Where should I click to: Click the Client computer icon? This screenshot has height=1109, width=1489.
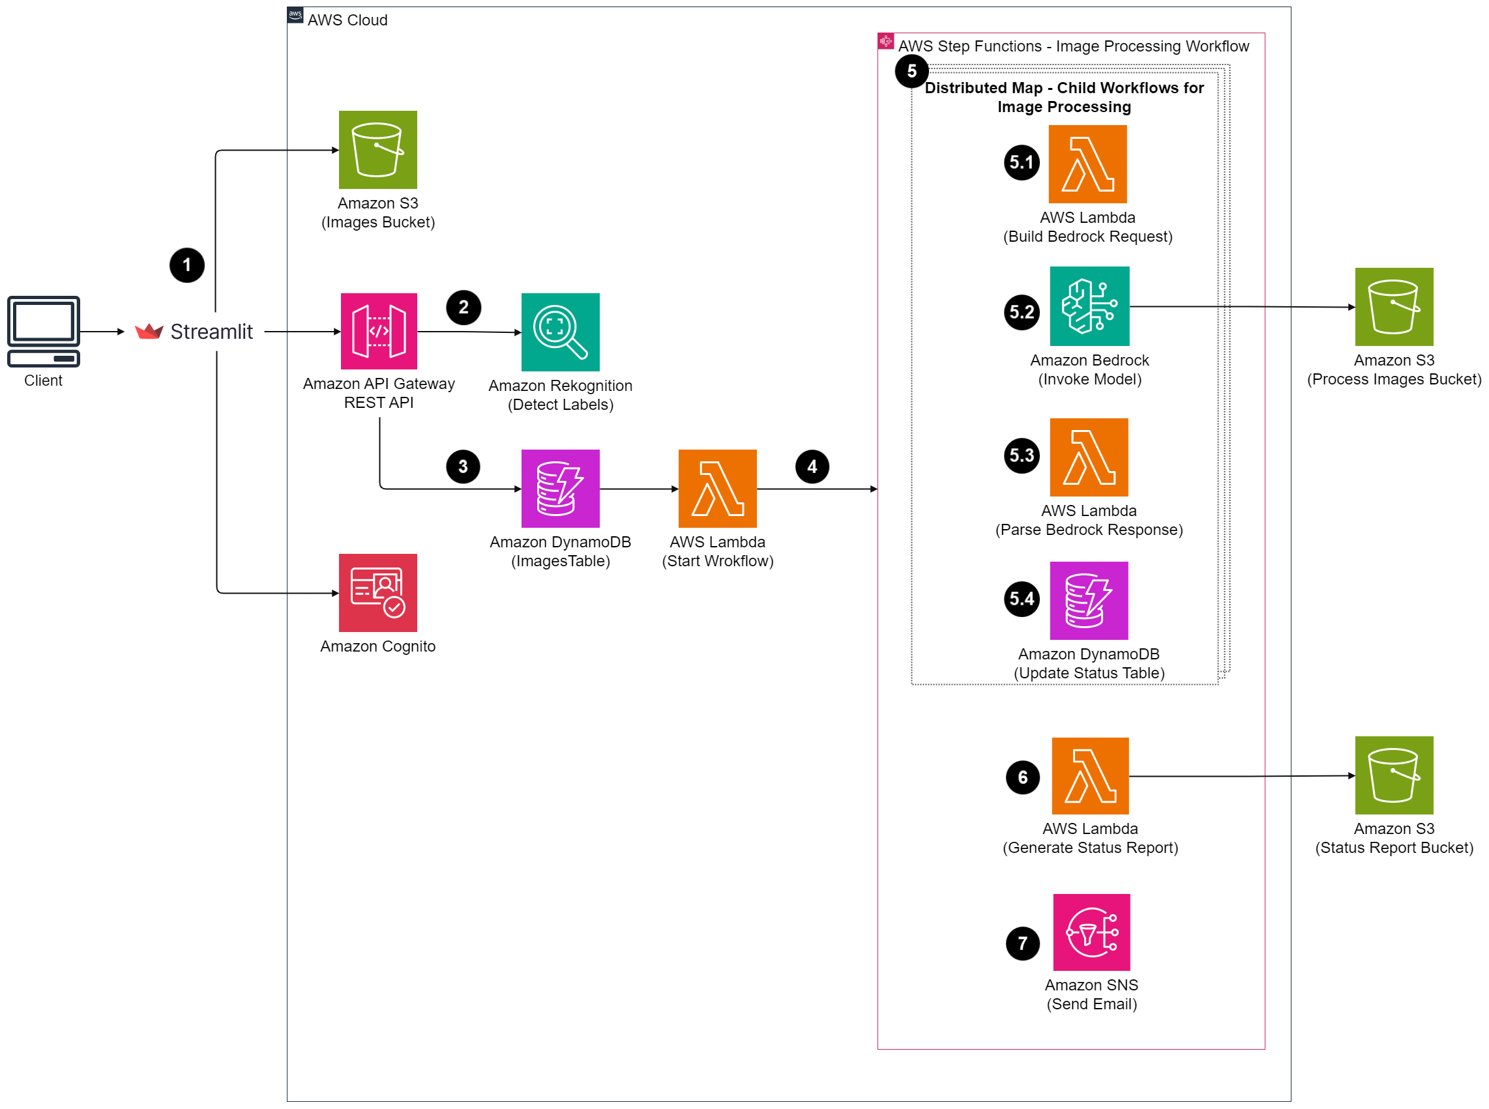[43, 332]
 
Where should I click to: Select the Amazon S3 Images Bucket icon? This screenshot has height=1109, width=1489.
[378, 150]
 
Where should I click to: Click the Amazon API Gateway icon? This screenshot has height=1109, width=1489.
[379, 332]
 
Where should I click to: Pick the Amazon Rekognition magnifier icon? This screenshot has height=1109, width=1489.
[561, 332]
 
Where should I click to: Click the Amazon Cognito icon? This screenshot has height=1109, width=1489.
[378, 593]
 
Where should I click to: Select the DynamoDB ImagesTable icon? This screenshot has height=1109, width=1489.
[561, 489]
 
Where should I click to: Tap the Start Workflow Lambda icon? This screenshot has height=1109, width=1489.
[718, 489]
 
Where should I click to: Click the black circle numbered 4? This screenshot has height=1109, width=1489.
[813, 467]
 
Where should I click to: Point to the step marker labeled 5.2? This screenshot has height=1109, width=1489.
[1022, 312]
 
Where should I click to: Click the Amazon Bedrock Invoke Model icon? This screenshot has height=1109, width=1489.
[1090, 307]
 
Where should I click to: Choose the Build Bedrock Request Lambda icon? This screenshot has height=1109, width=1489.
[1088, 164]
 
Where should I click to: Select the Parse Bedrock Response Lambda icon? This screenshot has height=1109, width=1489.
[1089, 458]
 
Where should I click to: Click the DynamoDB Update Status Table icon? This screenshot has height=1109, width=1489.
[1089, 601]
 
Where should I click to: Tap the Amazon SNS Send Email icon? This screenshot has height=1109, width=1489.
[1092, 932]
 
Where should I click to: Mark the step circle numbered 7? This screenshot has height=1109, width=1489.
[1023, 944]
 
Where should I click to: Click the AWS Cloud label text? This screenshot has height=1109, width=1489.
[347, 20]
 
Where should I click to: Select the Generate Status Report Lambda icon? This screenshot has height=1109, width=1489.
[1091, 776]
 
